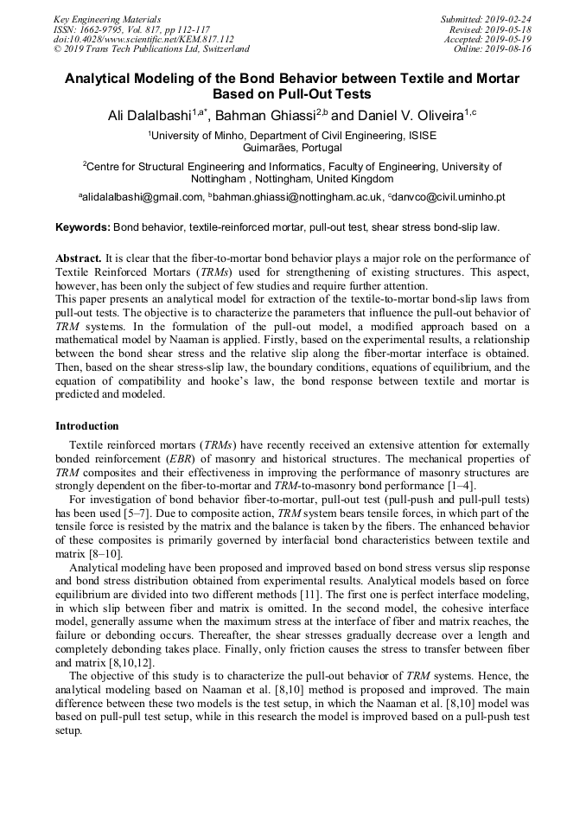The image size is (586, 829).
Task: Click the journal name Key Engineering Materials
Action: [106, 19]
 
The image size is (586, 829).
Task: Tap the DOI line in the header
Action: [143, 39]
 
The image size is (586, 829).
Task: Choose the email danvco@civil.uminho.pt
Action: [449, 197]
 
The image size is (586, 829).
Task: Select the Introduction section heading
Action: [87, 426]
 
